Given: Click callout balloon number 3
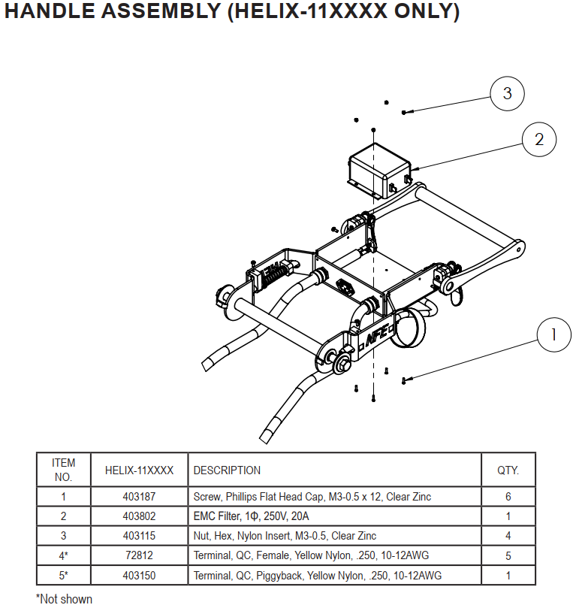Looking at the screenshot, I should point(507,94).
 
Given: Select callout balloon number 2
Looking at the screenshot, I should point(538,139).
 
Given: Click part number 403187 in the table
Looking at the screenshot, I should point(139,497).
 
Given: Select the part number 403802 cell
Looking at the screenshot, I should point(139,516).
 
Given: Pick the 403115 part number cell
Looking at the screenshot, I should point(139,536).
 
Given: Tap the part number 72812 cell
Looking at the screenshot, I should point(139,555).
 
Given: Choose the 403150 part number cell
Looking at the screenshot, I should point(139,576).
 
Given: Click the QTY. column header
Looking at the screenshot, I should point(508,470).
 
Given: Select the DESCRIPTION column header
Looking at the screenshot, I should point(227,470).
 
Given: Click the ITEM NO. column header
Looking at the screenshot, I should point(63,470).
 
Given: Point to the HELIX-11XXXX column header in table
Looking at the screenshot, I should point(139,470).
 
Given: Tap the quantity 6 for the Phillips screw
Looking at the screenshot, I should point(508,497).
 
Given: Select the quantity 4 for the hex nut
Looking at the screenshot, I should point(508,536).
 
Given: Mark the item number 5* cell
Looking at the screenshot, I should point(63,576).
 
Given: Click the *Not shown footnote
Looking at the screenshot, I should point(64,599).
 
